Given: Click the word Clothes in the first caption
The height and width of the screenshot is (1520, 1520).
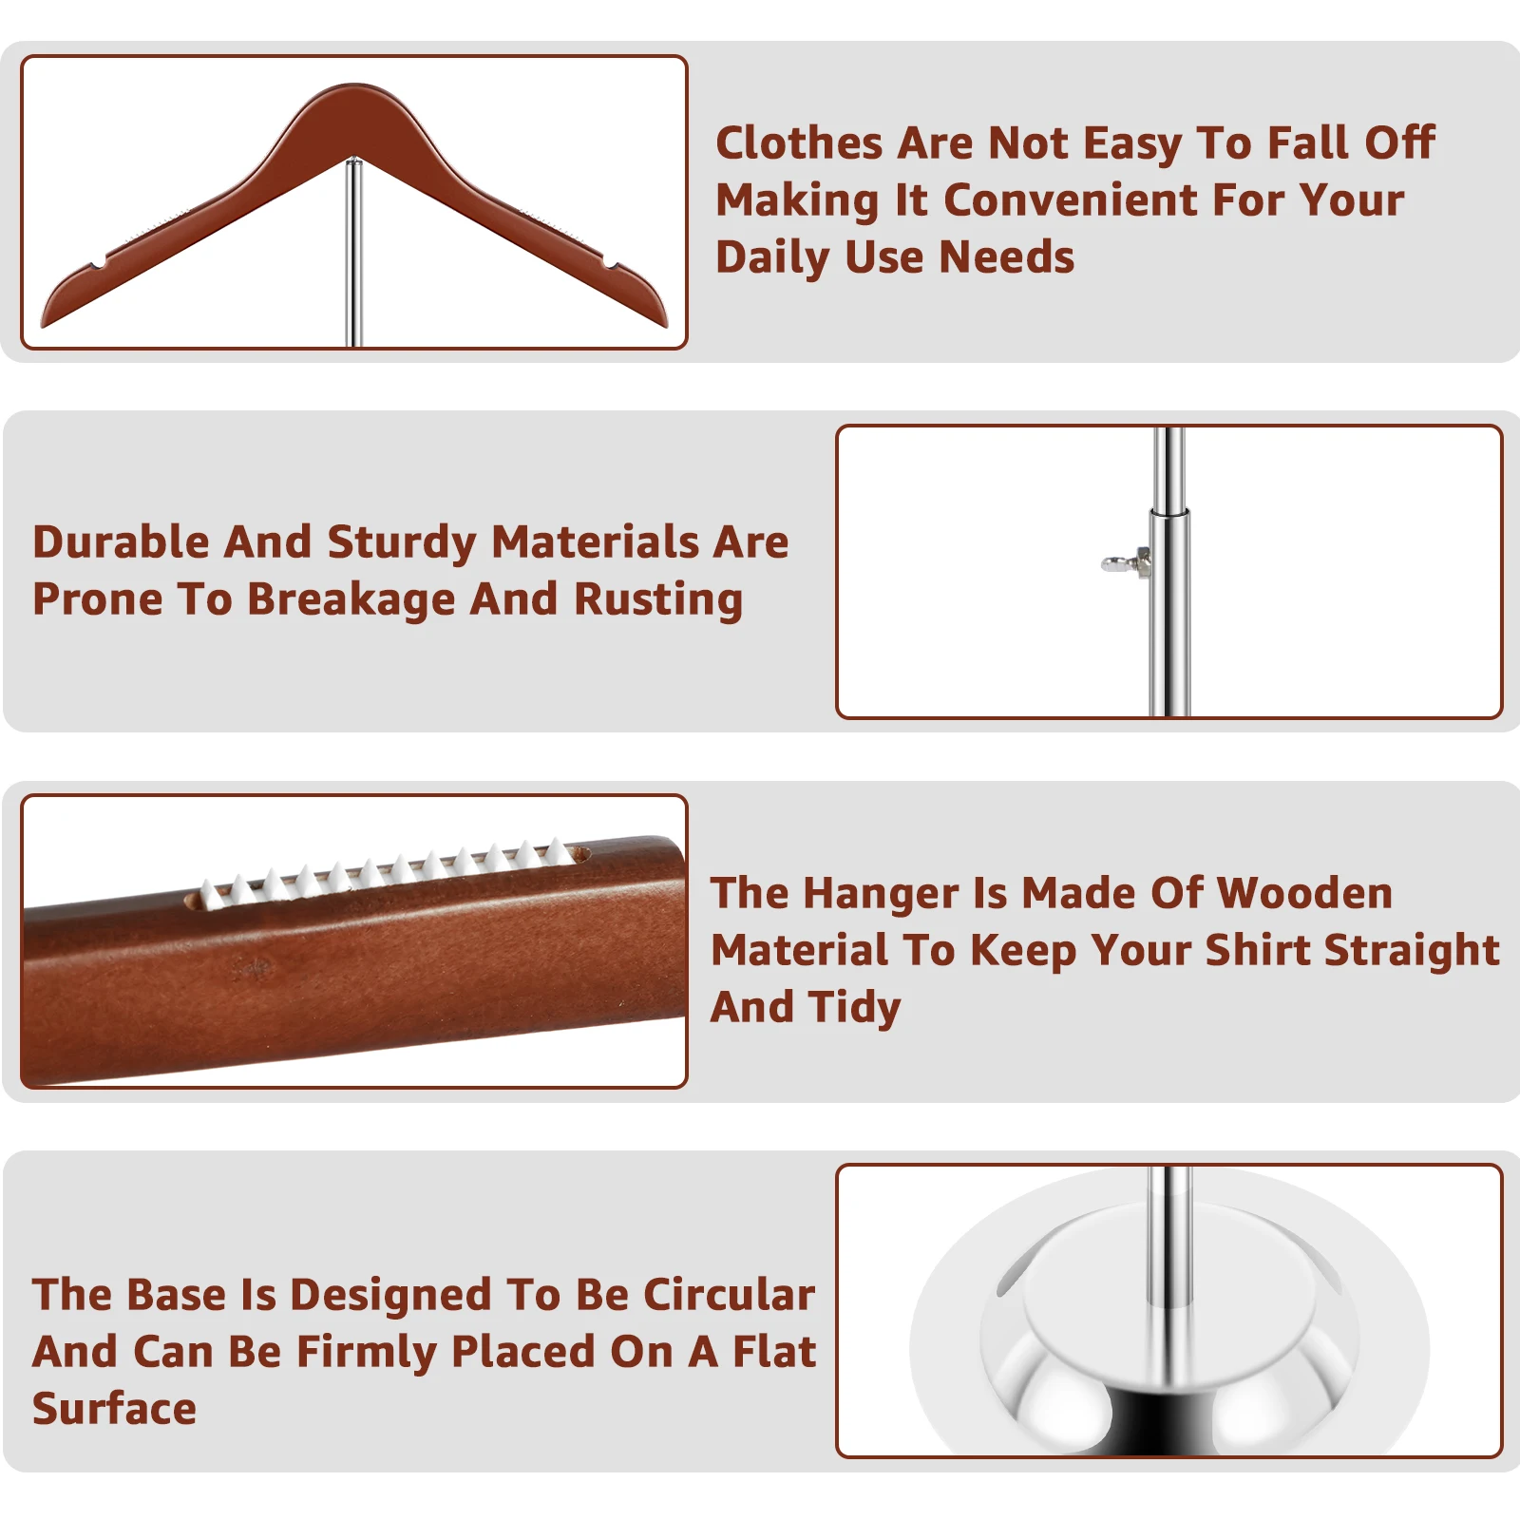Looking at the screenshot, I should [799, 143].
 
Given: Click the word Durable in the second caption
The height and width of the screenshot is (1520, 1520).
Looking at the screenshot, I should [121, 542].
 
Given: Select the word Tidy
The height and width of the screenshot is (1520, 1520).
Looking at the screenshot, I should [855, 1007].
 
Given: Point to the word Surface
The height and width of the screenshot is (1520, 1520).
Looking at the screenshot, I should [114, 1409].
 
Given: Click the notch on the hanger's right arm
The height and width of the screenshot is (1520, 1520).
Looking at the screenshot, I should [609, 261].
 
